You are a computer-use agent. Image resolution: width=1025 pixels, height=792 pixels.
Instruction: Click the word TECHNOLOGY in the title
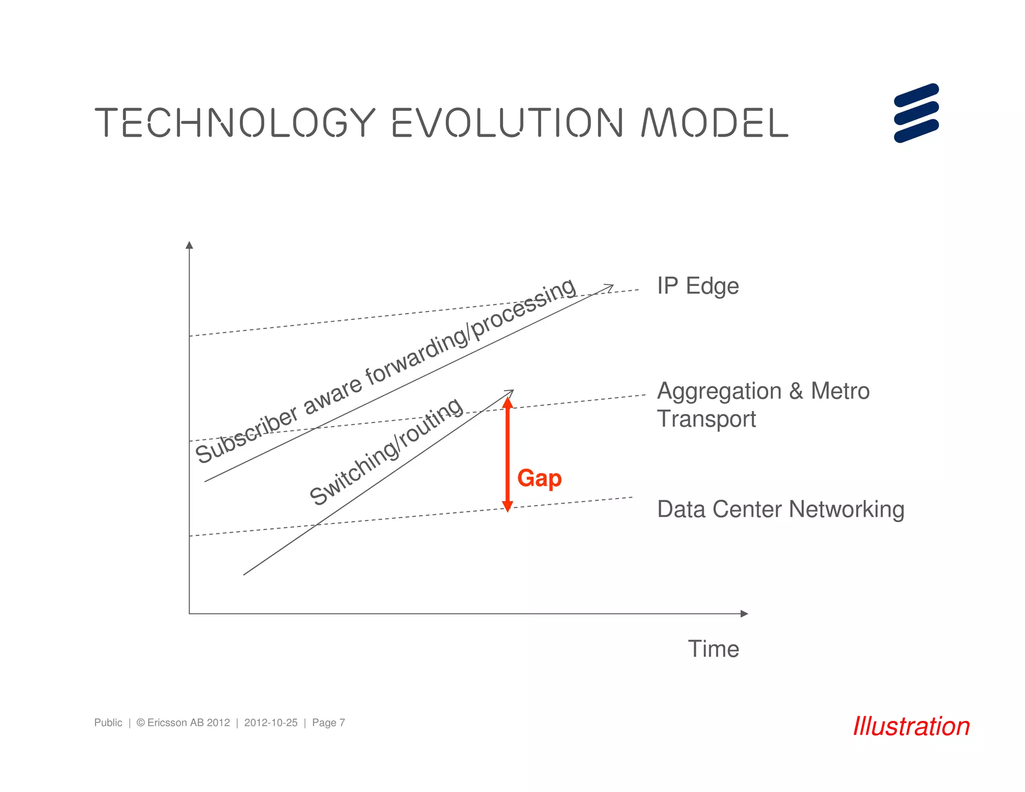[234, 122]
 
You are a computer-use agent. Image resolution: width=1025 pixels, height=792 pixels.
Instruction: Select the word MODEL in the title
[714, 122]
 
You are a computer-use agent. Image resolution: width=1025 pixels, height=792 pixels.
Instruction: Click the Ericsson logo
[916, 113]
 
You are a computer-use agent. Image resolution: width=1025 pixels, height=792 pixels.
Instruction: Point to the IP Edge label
[698, 286]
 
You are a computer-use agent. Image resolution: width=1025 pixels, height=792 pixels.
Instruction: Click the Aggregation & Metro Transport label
[762, 405]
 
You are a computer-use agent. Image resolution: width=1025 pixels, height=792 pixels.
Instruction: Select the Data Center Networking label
[780, 509]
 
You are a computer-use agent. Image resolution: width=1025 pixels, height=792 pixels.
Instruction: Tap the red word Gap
[539, 478]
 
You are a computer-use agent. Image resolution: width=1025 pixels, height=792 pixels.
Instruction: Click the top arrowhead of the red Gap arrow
[507, 402]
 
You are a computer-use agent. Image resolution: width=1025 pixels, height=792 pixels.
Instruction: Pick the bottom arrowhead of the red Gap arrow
[507, 506]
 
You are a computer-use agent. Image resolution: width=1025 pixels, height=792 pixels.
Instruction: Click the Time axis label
[713, 649]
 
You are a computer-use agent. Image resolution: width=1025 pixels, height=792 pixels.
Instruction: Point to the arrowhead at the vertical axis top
[189, 245]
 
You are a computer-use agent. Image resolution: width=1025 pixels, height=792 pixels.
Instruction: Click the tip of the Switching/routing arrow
[512, 391]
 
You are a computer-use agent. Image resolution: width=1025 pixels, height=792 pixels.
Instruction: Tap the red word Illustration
[911, 726]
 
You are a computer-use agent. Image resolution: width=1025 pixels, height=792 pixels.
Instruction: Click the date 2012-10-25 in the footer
[271, 722]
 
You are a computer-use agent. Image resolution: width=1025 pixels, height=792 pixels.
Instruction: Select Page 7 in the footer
[328, 722]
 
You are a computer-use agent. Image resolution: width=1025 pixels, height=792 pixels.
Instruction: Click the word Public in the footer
[108, 722]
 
